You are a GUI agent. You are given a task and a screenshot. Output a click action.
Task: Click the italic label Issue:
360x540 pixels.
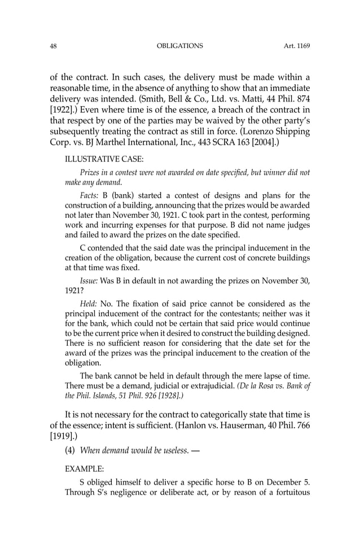pyautogui.click(x=90, y=280)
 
